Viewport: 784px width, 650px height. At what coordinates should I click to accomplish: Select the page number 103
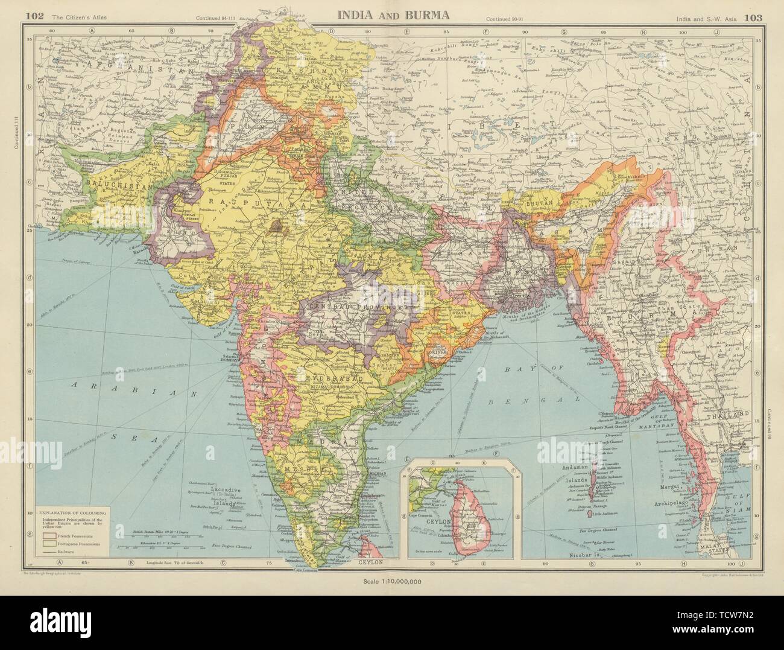pyautogui.click(x=754, y=17)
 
